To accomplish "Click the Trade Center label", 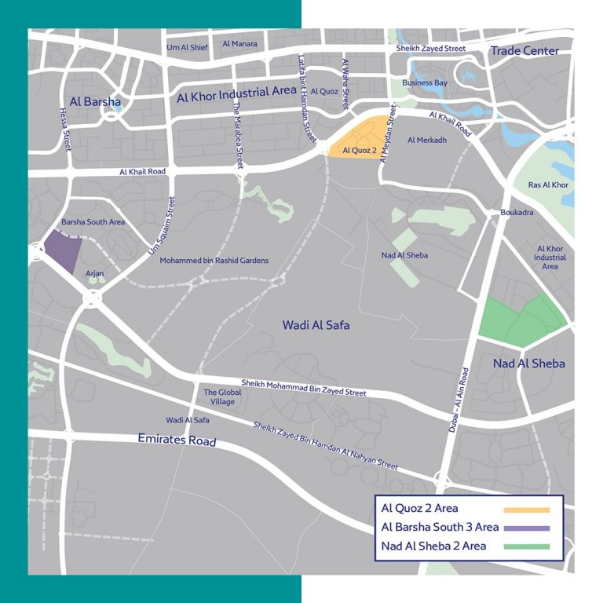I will click(524, 51).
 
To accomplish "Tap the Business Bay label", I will click(425, 82).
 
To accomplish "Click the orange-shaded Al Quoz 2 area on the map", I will click(363, 137).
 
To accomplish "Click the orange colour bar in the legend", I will click(526, 509).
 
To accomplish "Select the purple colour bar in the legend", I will click(526, 527).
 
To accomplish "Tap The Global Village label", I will click(219, 397).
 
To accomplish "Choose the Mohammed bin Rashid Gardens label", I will click(214, 261).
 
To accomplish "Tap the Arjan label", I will click(95, 272).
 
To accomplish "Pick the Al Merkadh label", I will click(427, 140).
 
